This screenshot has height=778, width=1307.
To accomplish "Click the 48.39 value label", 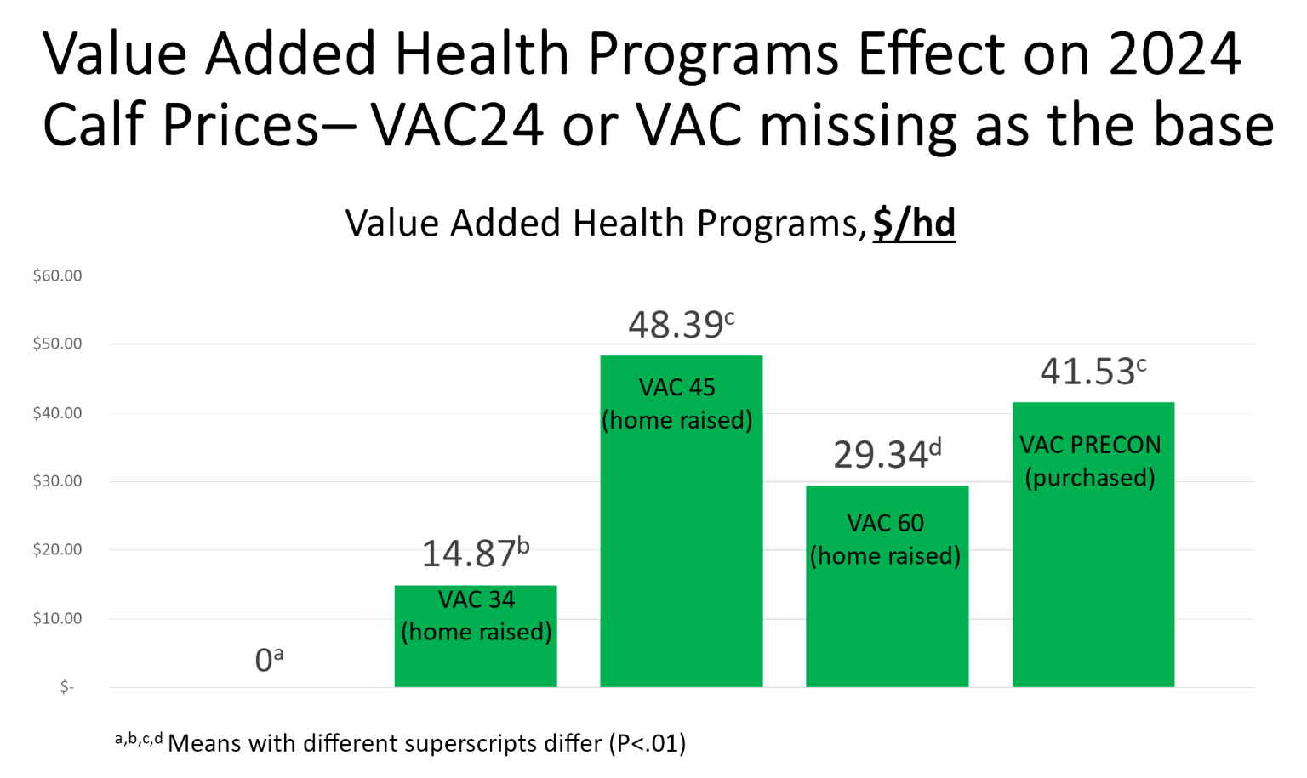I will pos(680,325).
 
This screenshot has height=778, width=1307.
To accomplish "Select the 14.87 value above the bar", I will pos(475,553).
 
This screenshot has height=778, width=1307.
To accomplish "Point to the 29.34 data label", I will pos(886,454).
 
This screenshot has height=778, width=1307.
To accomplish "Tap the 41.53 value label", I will pos(1093,372).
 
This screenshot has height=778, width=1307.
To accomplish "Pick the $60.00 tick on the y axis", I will pos(57,275).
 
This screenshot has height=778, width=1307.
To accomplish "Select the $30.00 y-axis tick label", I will pos(57,481).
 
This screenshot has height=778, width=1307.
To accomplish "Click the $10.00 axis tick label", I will pos(57,618).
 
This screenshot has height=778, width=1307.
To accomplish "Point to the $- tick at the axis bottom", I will pos(66,687).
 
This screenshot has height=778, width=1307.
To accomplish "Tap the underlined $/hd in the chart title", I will pos(914,224).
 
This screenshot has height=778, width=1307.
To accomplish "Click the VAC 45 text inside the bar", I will pos(677,388).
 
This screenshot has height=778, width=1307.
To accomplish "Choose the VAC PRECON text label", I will pos(1090,445).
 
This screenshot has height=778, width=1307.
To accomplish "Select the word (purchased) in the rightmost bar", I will pos(1090,477).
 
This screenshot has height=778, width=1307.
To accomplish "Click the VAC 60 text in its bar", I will pos(885,523).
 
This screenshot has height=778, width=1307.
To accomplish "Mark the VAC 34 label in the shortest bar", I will pos(476,599).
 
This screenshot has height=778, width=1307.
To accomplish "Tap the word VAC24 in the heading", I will pos(457,125).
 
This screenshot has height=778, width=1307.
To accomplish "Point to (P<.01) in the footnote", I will pos(647,743).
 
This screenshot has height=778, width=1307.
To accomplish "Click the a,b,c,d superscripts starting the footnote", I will pos(139,738).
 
